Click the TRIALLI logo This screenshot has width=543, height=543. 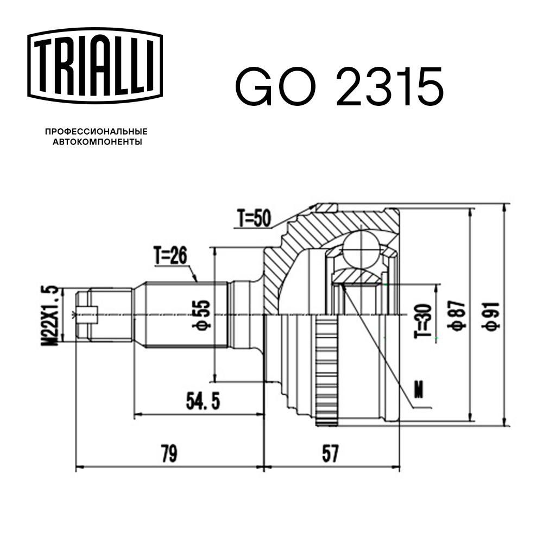(x=95, y=65)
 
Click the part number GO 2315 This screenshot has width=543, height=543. (x=339, y=87)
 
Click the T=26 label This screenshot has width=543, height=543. (x=170, y=255)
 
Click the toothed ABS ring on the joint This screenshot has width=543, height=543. (x=326, y=369)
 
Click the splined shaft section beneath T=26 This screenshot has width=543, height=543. (x=185, y=314)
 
